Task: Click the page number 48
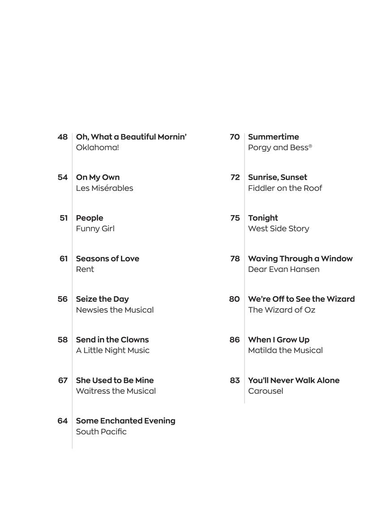(62, 137)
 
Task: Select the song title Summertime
(273, 137)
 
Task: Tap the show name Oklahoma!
(97, 148)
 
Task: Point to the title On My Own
(98, 177)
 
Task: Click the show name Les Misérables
(104, 188)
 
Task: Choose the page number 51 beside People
(64, 218)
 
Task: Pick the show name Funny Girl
(95, 229)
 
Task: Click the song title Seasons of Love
(107, 259)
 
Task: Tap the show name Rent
(85, 269)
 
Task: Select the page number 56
(62, 299)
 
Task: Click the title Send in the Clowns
(112, 340)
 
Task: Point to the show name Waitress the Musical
(116, 391)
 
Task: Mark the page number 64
(62, 421)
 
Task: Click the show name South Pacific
(101, 432)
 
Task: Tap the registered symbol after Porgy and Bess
(310, 146)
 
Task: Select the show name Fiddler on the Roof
(285, 188)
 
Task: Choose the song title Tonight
(263, 218)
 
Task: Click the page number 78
(235, 259)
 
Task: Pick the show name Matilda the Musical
(285, 350)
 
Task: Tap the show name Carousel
(266, 391)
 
